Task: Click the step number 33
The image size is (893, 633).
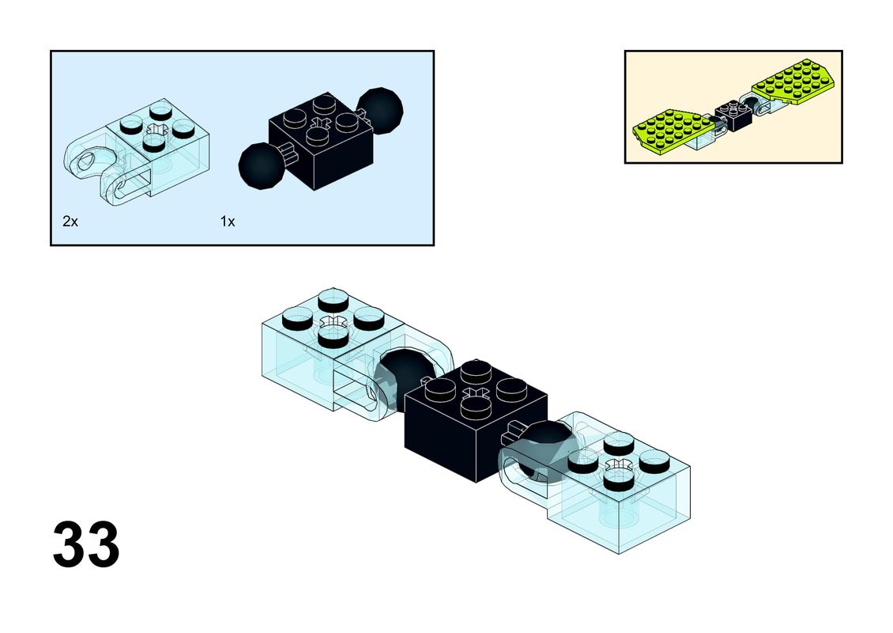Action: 86,544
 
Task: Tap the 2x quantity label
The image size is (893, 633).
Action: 70,222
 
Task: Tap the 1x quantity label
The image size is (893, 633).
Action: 228,222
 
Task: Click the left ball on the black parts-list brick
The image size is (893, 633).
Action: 261,165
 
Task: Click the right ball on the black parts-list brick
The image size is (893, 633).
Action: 380,108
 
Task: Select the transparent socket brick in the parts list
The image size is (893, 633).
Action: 137,150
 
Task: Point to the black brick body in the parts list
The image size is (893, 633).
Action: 321,142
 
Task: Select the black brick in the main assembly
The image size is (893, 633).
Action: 476,421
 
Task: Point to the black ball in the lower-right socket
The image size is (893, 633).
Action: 545,453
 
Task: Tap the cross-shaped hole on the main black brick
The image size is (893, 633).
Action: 476,393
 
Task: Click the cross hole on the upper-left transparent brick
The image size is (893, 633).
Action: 333,321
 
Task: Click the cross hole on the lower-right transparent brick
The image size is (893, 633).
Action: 619,464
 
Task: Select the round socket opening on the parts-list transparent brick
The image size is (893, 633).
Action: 89,162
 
